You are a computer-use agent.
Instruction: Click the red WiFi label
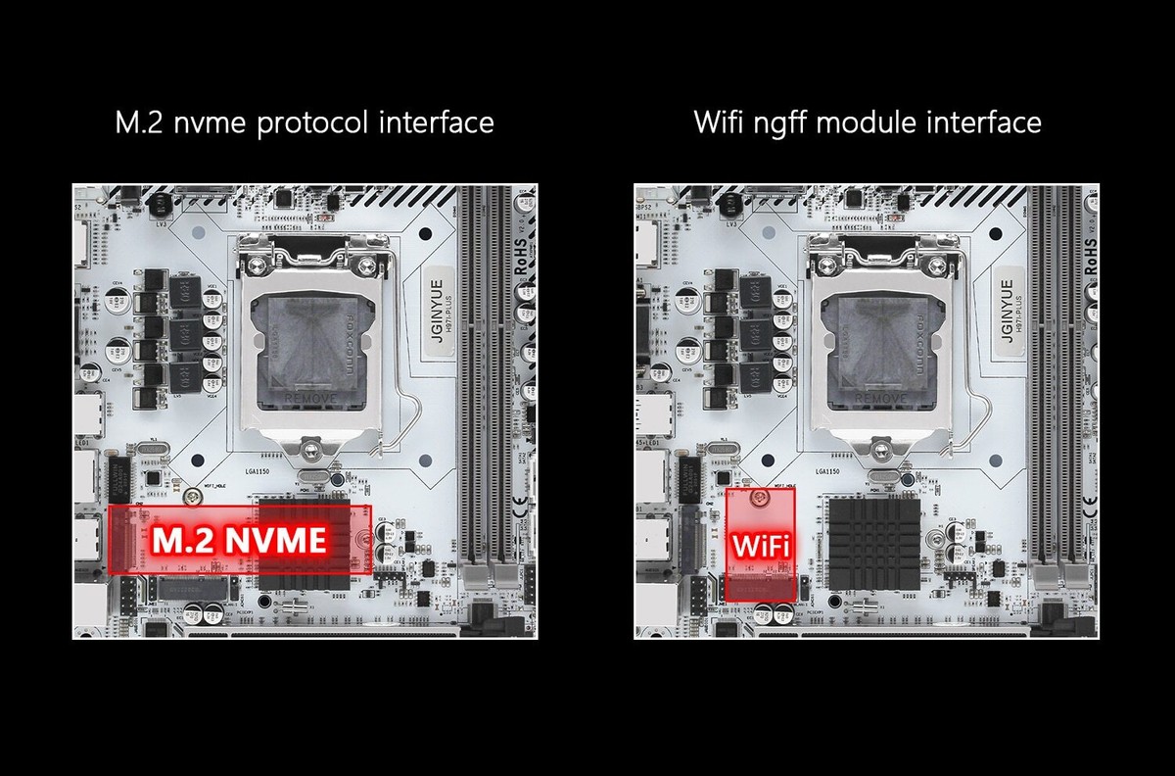(760, 545)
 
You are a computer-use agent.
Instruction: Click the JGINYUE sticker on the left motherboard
(438, 310)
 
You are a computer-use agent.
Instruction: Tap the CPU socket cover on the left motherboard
(308, 348)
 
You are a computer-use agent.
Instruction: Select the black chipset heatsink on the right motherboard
(870, 542)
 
